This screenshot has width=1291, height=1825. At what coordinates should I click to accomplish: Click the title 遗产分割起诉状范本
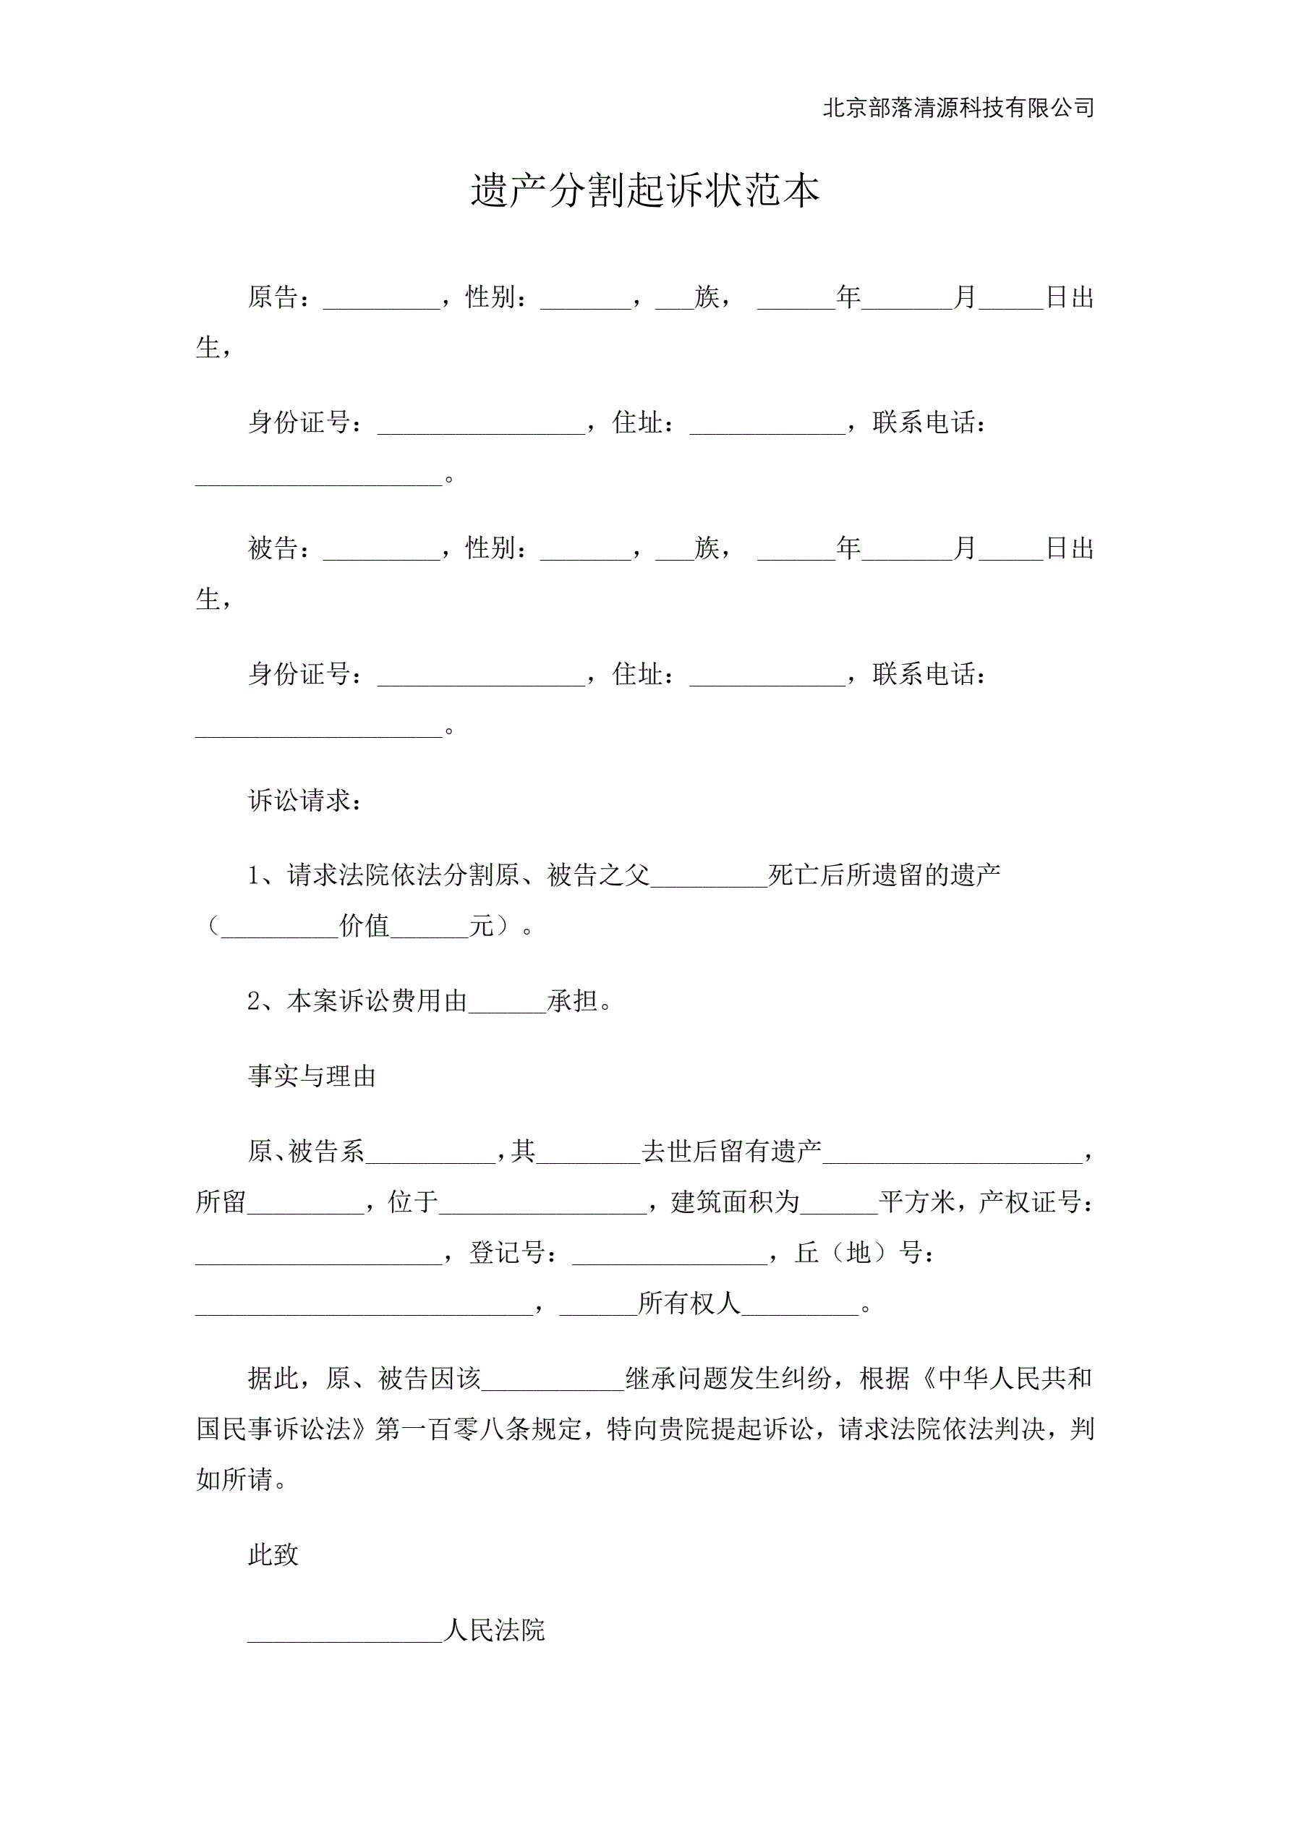click(x=644, y=191)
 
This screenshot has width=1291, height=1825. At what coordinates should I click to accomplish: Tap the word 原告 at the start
click(x=273, y=297)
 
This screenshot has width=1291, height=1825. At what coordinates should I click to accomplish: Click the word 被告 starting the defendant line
click(x=273, y=548)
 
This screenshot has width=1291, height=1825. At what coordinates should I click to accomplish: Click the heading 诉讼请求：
click(x=306, y=801)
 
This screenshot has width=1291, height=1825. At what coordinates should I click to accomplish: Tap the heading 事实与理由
click(x=312, y=1076)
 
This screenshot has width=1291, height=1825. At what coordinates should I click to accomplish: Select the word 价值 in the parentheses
click(x=364, y=926)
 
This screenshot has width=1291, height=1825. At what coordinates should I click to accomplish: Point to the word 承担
click(x=571, y=1002)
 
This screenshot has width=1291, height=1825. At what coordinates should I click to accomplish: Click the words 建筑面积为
click(x=736, y=1201)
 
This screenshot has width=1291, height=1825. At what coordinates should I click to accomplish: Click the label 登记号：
click(x=514, y=1253)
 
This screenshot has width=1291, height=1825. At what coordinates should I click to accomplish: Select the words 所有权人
click(x=689, y=1303)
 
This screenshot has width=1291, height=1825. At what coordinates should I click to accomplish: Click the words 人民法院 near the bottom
click(x=495, y=1630)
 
